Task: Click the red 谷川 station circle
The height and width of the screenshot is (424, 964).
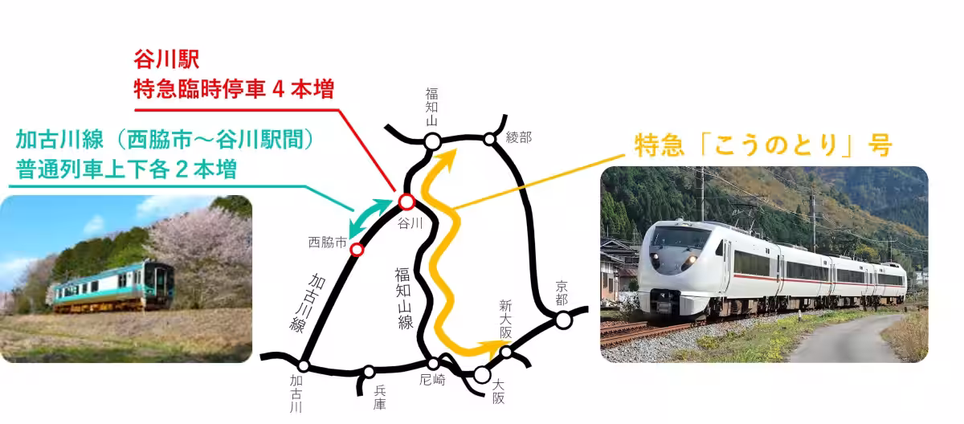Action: [x=406, y=202]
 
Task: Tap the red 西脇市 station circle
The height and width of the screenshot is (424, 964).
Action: [x=357, y=250]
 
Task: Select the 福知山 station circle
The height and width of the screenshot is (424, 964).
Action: [x=432, y=142]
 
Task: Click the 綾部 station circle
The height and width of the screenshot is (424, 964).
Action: [x=489, y=140]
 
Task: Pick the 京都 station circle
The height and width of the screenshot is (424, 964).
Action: [x=564, y=320]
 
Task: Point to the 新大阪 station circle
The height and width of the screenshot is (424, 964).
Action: [x=506, y=352]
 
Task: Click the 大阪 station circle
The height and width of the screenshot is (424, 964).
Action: [x=482, y=374]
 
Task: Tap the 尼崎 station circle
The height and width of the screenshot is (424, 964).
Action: [x=433, y=364]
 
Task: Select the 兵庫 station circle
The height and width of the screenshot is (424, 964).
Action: [x=369, y=372]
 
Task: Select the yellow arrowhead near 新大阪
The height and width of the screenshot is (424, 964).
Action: [x=488, y=348]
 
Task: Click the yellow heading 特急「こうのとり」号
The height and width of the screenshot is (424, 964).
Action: [x=762, y=146]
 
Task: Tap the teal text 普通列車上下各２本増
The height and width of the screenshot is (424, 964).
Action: [x=125, y=170]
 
